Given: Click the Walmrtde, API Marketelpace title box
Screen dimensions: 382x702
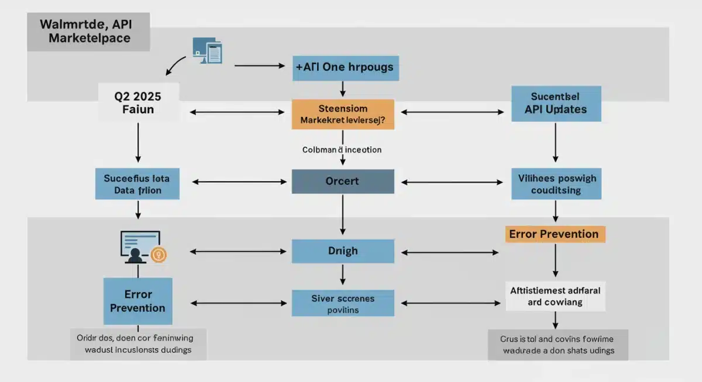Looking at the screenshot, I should pos(88,32).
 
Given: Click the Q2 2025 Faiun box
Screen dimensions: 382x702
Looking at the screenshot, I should pos(138,102).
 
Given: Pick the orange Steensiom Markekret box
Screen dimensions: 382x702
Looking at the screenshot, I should pos(343,114).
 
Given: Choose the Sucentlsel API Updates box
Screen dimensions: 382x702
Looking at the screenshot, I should pos(556,103).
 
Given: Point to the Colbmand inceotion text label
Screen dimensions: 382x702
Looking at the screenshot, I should pos(342,150).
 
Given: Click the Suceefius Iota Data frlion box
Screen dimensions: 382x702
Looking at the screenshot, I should pos(137,183).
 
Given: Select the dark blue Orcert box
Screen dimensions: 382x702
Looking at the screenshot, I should pos(343,182).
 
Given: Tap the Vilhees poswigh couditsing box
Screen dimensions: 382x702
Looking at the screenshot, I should pos(556,183).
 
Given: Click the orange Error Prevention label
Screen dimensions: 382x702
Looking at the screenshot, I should pos(554,234).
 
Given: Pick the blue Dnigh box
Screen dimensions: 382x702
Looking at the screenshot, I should pos(343,251).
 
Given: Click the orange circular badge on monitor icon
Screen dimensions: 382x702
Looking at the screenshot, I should pos(159,254).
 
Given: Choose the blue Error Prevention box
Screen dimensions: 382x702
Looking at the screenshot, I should pos(137,301).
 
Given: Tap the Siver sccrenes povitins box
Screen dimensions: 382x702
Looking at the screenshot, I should pos(343,304).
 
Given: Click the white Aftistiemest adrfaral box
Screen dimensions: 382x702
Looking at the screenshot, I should pos(555,296).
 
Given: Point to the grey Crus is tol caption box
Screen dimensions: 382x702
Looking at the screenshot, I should pos(558,344).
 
